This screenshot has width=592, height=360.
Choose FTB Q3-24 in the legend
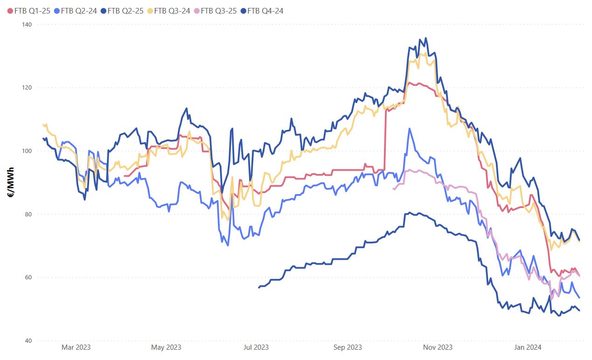(172, 11)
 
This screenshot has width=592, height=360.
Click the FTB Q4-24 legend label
(265, 11)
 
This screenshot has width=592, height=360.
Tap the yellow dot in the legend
(150, 11)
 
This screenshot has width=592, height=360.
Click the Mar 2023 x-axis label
(76, 347)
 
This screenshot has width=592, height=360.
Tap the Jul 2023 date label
(256, 347)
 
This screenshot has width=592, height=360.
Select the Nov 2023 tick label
(438, 347)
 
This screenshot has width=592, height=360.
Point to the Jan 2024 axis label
(527, 347)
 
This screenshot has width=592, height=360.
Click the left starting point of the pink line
(394, 189)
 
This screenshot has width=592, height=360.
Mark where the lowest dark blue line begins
(259, 288)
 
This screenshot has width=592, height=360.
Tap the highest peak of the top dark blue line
(425, 38)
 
